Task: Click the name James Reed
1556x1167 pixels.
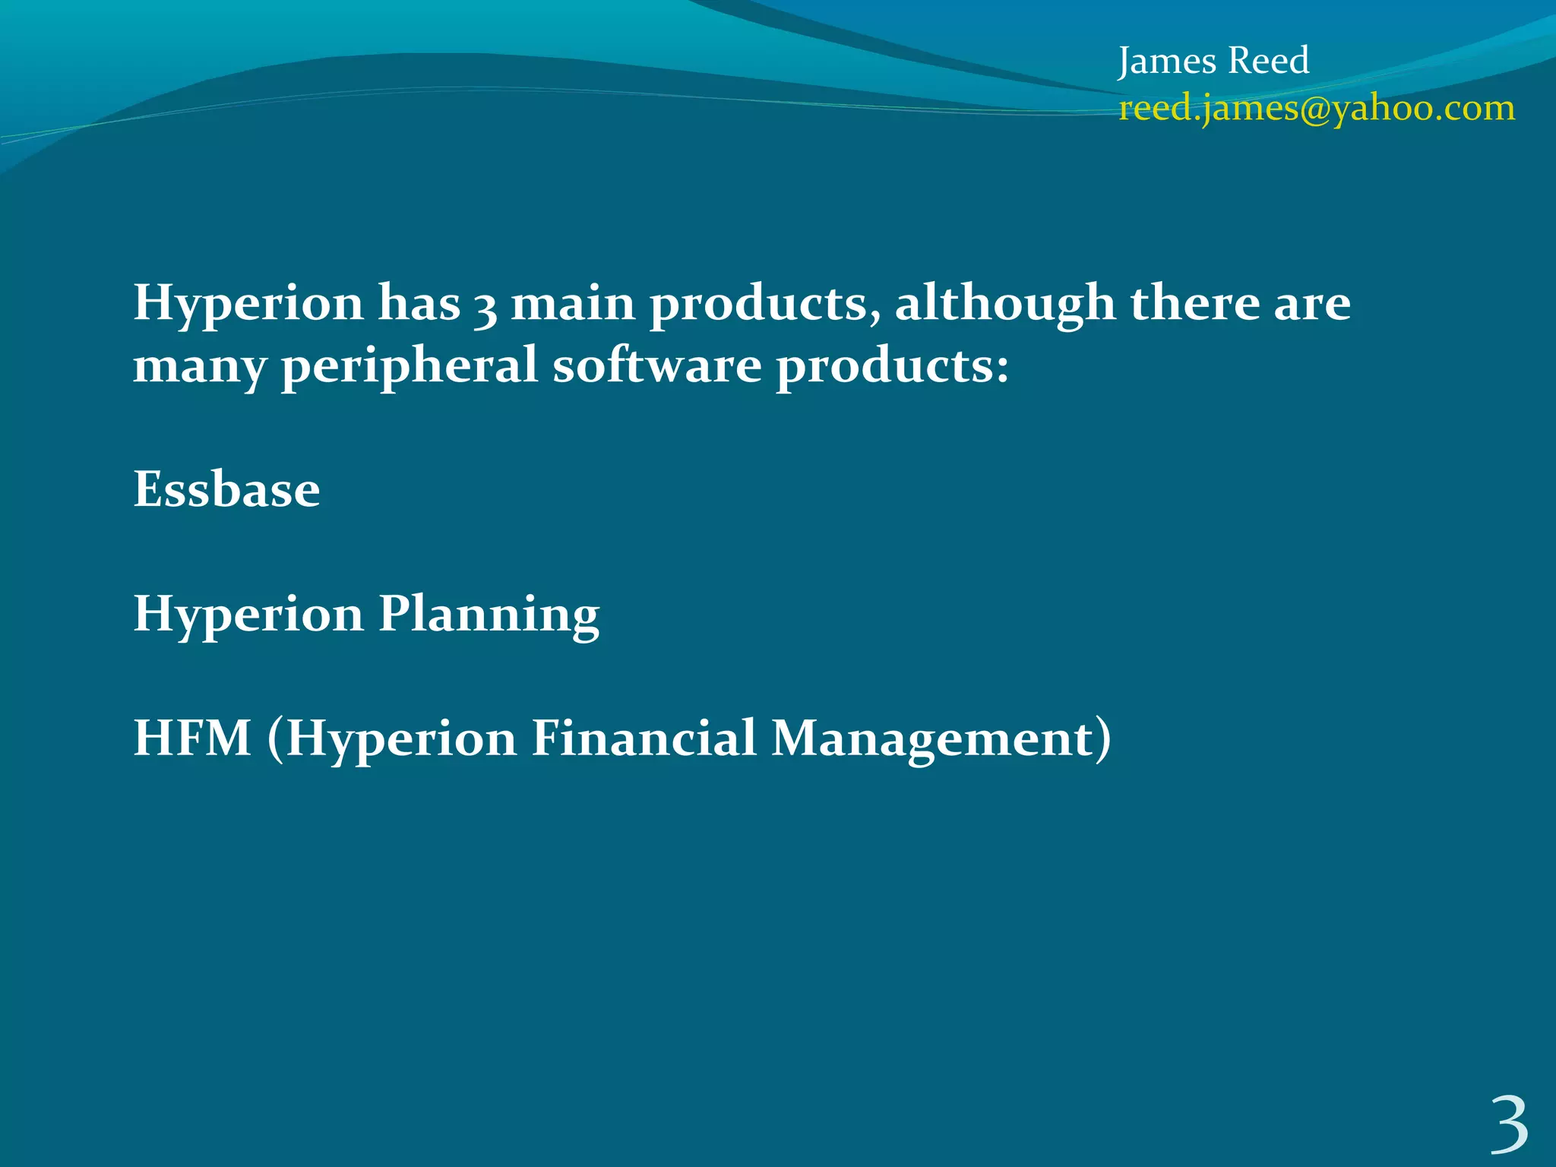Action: coord(1213,61)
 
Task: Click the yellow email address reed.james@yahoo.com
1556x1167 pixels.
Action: coord(1317,108)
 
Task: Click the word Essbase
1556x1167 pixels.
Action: coord(226,489)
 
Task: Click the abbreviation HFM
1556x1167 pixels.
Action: coord(192,738)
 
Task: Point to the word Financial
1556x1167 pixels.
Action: coord(643,738)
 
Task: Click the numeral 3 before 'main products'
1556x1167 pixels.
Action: coord(485,305)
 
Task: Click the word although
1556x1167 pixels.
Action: coord(1004,304)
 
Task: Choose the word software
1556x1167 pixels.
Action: coord(656,365)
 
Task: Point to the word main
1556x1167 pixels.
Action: coord(572,304)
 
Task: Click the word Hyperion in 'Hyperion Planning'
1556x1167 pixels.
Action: coord(248,614)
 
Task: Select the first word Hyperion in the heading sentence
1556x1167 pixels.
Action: coord(248,304)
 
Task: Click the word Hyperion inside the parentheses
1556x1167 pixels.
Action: coord(402,738)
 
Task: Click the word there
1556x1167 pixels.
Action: coord(1194,304)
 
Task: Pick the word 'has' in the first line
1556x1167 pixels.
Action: coord(419,304)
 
